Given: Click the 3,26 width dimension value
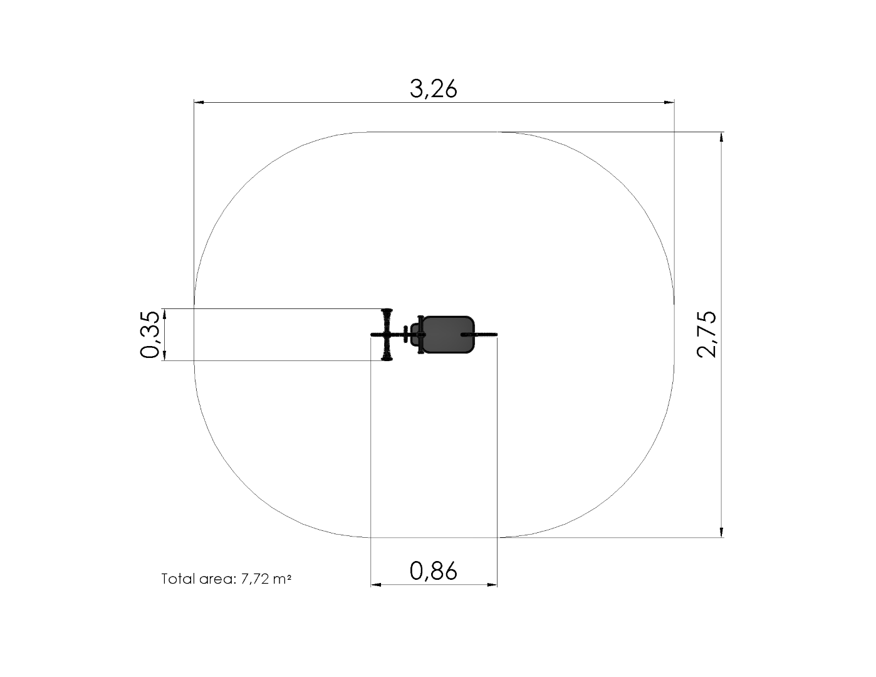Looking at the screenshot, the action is point(434,89).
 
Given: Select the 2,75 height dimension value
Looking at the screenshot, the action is point(706,335).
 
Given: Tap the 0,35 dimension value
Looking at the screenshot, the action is point(150,335).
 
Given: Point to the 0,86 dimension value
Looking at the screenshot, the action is point(434,571).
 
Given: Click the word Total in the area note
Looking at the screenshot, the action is point(178,579).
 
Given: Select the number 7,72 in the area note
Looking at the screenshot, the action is point(255,579).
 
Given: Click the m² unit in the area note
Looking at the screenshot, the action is point(282,579).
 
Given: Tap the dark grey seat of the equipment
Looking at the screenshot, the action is point(447,335).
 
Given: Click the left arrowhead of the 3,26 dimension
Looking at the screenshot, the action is point(199,102).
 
